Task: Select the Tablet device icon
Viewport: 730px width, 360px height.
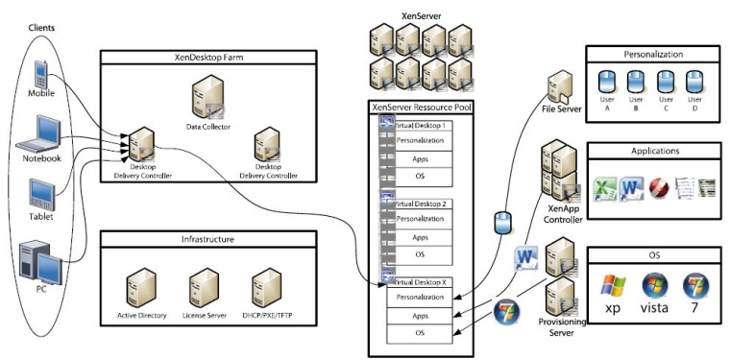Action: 40,195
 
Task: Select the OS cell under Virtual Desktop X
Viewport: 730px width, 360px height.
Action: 420,333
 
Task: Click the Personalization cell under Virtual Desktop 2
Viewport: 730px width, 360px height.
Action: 420,220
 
